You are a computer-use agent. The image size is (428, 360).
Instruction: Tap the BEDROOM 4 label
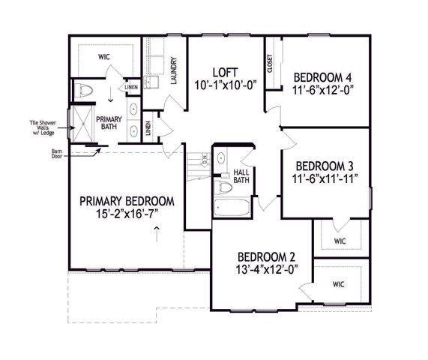click(x=322, y=76)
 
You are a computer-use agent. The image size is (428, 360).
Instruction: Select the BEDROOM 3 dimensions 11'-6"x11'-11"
click(x=327, y=178)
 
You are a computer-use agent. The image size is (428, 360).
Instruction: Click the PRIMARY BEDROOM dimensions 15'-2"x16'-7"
click(x=127, y=214)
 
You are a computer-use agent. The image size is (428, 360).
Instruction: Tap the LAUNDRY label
click(x=173, y=72)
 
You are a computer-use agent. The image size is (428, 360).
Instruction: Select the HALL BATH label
click(x=241, y=175)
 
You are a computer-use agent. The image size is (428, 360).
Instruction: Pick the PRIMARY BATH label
click(x=110, y=122)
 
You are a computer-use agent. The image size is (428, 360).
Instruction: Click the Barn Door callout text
click(x=56, y=154)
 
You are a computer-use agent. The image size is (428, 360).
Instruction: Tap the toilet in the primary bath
click(x=85, y=91)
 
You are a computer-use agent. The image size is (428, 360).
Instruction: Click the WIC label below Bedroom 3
click(x=339, y=241)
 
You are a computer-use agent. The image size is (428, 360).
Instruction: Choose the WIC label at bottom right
click(x=338, y=284)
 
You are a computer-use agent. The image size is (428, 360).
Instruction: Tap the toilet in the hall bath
click(x=223, y=187)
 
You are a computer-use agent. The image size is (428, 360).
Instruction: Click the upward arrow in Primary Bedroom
click(x=156, y=235)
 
